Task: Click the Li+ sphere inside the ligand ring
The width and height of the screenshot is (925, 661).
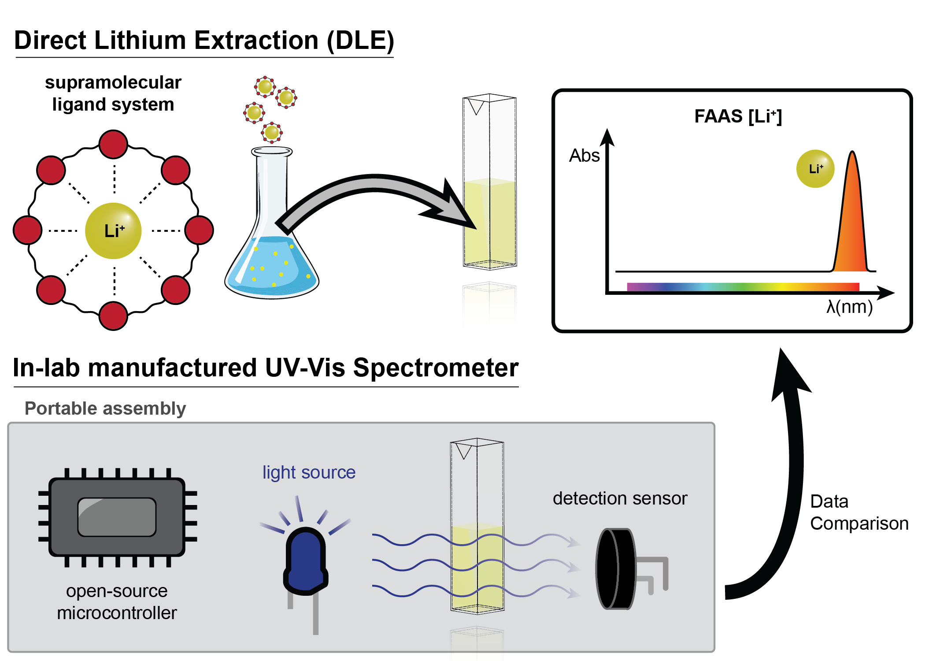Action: pyautogui.click(x=113, y=230)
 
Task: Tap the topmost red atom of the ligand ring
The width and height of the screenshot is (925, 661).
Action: pyautogui.click(x=113, y=144)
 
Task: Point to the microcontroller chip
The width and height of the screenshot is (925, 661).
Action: pyautogui.click(x=117, y=517)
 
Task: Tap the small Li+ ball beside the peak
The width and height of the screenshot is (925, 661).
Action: pyautogui.click(x=815, y=169)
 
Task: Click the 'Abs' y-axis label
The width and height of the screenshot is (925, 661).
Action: pyautogui.click(x=584, y=156)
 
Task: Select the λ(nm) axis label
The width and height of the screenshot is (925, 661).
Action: pyautogui.click(x=849, y=307)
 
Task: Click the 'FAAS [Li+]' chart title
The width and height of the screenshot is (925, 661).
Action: pyautogui.click(x=738, y=116)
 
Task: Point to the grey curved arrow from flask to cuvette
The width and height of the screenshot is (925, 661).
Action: pyautogui.click(x=374, y=189)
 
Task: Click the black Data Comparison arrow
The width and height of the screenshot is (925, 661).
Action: pyautogui.click(x=788, y=485)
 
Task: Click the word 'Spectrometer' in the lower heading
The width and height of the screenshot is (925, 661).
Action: pyautogui.click(x=436, y=368)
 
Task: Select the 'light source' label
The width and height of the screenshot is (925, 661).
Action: pyautogui.click(x=309, y=472)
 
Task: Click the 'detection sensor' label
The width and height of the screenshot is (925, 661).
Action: pyautogui.click(x=620, y=498)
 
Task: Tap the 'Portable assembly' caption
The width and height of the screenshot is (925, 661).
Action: pyautogui.click(x=105, y=408)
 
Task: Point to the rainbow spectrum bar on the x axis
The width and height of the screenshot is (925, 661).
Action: pyautogui.click(x=743, y=287)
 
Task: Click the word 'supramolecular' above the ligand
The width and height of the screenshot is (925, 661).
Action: pyautogui.click(x=113, y=82)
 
